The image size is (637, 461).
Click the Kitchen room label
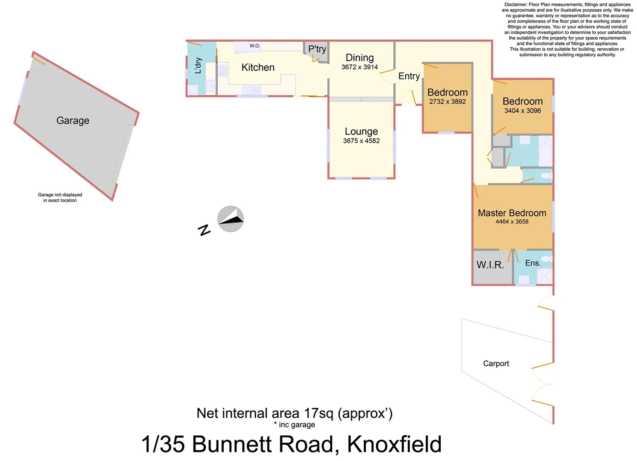tap(258, 67)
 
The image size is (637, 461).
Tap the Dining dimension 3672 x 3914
tap(359, 67)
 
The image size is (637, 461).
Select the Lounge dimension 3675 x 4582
tap(361, 141)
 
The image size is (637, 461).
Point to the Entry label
tap(409, 76)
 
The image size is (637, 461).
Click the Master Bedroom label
tap(512, 213)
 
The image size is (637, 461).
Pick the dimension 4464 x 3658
tap(512, 222)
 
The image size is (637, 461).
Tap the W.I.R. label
tap(490, 265)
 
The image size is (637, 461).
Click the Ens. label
tap(533, 263)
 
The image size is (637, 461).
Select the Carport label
tap(496, 364)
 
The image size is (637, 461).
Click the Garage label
tap(73, 121)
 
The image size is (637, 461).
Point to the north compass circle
tap(231, 219)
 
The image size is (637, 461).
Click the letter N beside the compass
tap(205, 230)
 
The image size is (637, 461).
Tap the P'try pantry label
tap(317, 49)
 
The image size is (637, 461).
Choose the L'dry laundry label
tap(198, 65)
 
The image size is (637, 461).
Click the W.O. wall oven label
tap(254, 46)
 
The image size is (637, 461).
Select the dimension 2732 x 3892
tap(447, 102)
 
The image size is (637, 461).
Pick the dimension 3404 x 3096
tap(523, 111)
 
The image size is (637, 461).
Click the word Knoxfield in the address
tap(394, 444)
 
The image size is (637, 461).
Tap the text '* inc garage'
tap(295, 425)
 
